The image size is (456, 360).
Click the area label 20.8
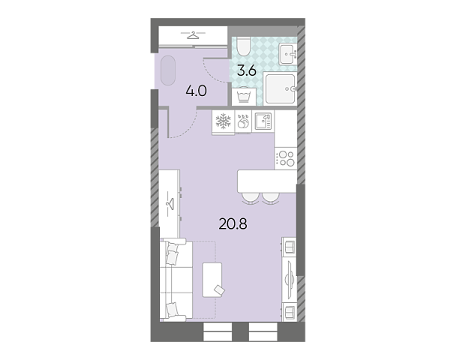(x=233, y=224)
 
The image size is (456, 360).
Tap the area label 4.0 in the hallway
(x=196, y=91)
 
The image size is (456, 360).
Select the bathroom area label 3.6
(x=247, y=70)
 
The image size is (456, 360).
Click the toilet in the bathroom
(x=244, y=46)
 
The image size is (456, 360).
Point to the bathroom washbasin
(x=287, y=54)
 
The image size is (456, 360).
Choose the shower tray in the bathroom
(x=280, y=88)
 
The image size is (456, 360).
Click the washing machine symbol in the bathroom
(x=244, y=97)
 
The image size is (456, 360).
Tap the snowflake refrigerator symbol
(x=223, y=121)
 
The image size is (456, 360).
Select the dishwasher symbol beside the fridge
(x=243, y=121)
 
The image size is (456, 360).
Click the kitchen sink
(x=263, y=121)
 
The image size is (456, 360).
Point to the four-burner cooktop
(x=286, y=158)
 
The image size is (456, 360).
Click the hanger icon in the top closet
(x=193, y=35)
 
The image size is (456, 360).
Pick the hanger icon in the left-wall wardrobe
(x=169, y=203)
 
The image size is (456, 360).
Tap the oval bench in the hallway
(x=168, y=70)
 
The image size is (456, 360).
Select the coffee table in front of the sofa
(x=212, y=280)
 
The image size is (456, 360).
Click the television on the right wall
(x=289, y=280)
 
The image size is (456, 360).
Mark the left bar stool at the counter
(x=250, y=198)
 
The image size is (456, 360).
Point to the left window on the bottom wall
(x=217, y=331)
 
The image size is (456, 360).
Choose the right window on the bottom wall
(x=263, y=331)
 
